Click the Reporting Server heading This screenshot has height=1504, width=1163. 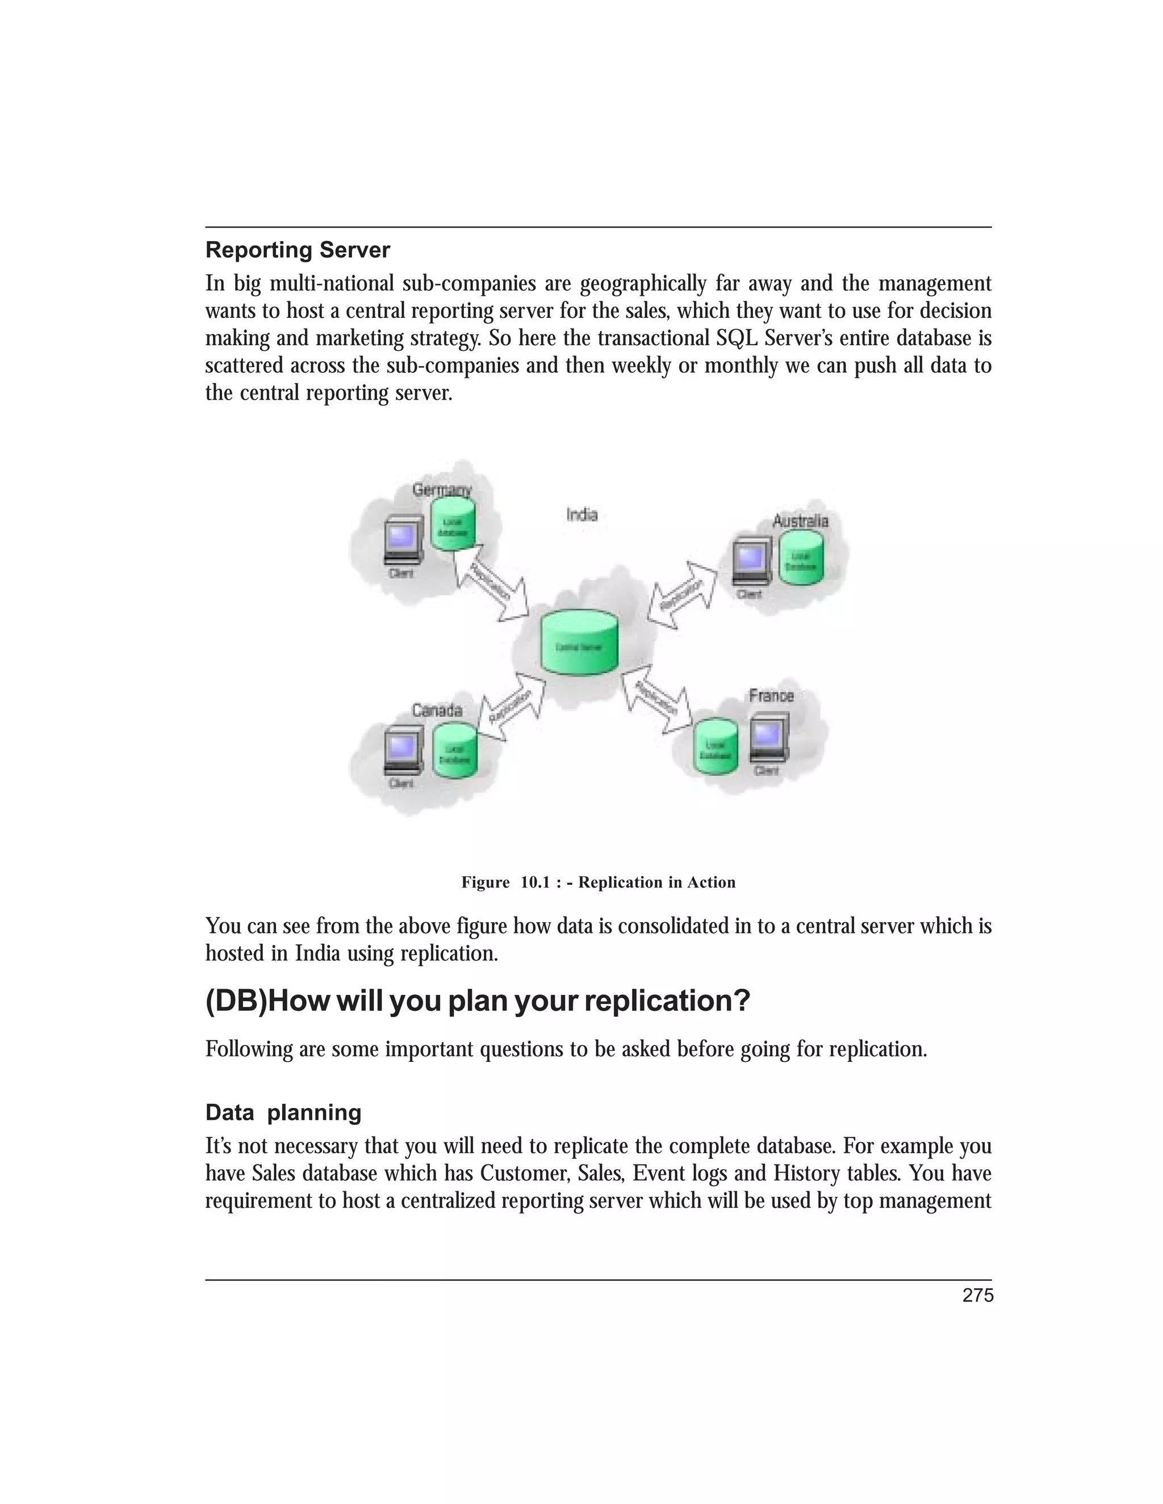click(x=298, y=250)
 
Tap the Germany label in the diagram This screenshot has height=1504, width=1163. click(x=442, y=490)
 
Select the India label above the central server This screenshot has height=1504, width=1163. click(x=581, y=514)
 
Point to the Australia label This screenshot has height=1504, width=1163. click(x=800, y=522)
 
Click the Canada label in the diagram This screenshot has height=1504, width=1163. click(x=437, y=710)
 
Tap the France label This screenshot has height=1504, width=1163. click(x=771, y=696)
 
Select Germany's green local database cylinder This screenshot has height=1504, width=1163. click(x=453, y=525)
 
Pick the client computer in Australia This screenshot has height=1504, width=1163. click(x=750, y=564)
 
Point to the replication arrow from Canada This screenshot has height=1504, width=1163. click(x=511, y=707)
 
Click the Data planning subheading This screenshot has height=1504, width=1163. click(x=283, y=1113)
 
